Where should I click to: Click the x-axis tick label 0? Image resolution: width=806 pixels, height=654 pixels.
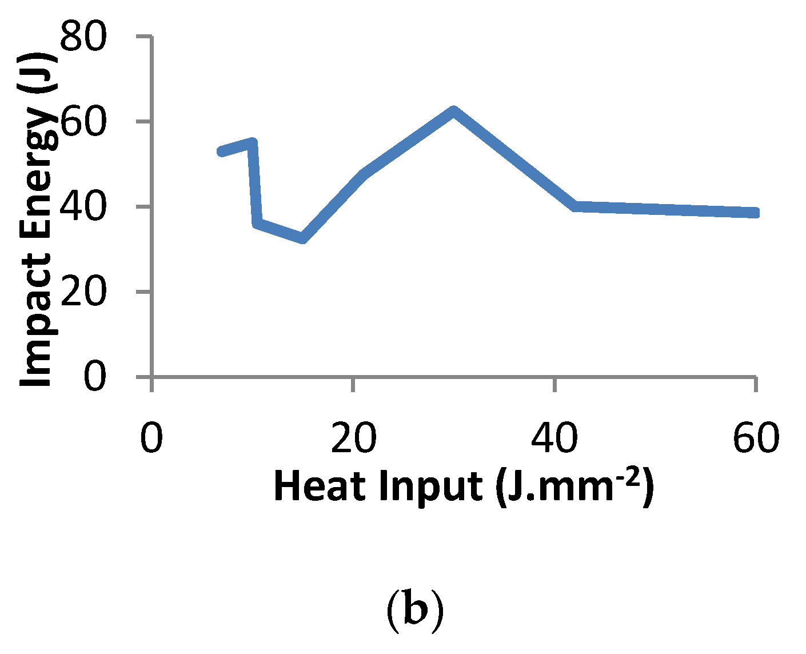click(151, 439)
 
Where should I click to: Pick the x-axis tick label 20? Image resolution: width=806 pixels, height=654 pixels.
click(354, 439)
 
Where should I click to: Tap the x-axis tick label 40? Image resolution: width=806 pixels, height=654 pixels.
click(555, 439)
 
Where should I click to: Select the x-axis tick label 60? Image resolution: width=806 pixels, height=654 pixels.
click(756, 439)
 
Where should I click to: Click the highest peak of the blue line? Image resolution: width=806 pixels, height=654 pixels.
click(453, 110)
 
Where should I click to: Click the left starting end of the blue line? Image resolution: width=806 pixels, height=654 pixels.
click(222, 151)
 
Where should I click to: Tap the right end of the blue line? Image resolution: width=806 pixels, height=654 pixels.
click(755, 213)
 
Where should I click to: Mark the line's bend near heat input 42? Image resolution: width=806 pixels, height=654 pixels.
click(574, 206)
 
